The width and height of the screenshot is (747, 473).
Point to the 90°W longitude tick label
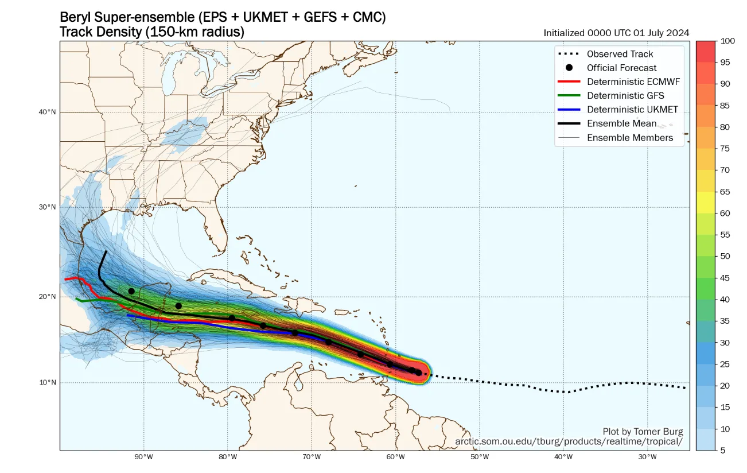click(x=144, y=457)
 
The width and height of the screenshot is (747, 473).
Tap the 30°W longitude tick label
click(x=648, y=457)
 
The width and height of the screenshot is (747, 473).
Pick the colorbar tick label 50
click(x=725, y=256)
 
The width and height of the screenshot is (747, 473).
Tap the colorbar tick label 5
click(x=723, y=450)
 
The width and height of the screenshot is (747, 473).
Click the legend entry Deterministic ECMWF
click(x=633, y=82)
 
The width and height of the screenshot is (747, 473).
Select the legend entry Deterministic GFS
click(x=625, y=96)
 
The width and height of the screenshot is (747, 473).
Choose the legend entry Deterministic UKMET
click(x=632, y=110)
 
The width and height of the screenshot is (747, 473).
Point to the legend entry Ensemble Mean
click(x=621, y=123)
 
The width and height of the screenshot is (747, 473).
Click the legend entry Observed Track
click(x=620, y=54)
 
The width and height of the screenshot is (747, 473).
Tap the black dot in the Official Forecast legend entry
click(x=569, y=68)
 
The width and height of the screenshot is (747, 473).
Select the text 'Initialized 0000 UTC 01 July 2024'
click(x=616, y=33)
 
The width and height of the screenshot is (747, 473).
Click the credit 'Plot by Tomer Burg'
click(x=643, y=431)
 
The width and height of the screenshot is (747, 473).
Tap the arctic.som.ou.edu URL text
click(x=569, y=441)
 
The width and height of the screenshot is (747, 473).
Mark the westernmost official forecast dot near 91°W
click(x=131, y=291)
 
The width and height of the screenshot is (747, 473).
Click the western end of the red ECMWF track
click(x=65, y=280)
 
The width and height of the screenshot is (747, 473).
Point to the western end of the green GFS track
click(x=77, y=298)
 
